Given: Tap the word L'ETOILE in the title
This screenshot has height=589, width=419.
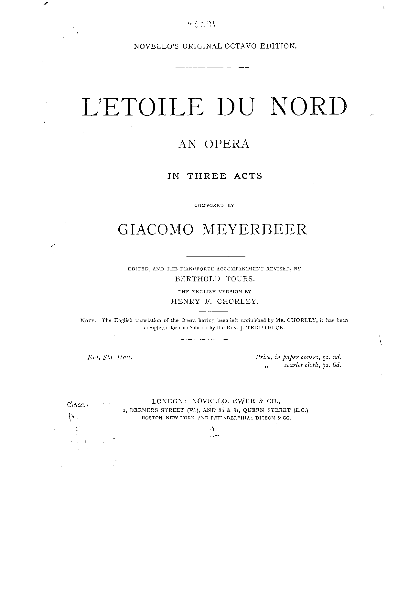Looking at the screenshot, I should click(143, 106).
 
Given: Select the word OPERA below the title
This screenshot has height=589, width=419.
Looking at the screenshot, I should click(227, 144).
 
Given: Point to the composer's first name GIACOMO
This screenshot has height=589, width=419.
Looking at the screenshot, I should click(156, 229).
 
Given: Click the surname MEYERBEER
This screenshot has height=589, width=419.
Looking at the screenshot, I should click(254, 229).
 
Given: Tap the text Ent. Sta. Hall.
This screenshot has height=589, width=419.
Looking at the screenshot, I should click(110, 357).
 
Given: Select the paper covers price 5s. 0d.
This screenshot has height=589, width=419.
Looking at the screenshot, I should click(331, 357).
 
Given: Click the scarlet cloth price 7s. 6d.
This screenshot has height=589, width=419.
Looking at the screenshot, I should click(332, 365).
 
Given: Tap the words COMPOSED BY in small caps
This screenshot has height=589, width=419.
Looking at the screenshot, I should click(214, 205).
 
